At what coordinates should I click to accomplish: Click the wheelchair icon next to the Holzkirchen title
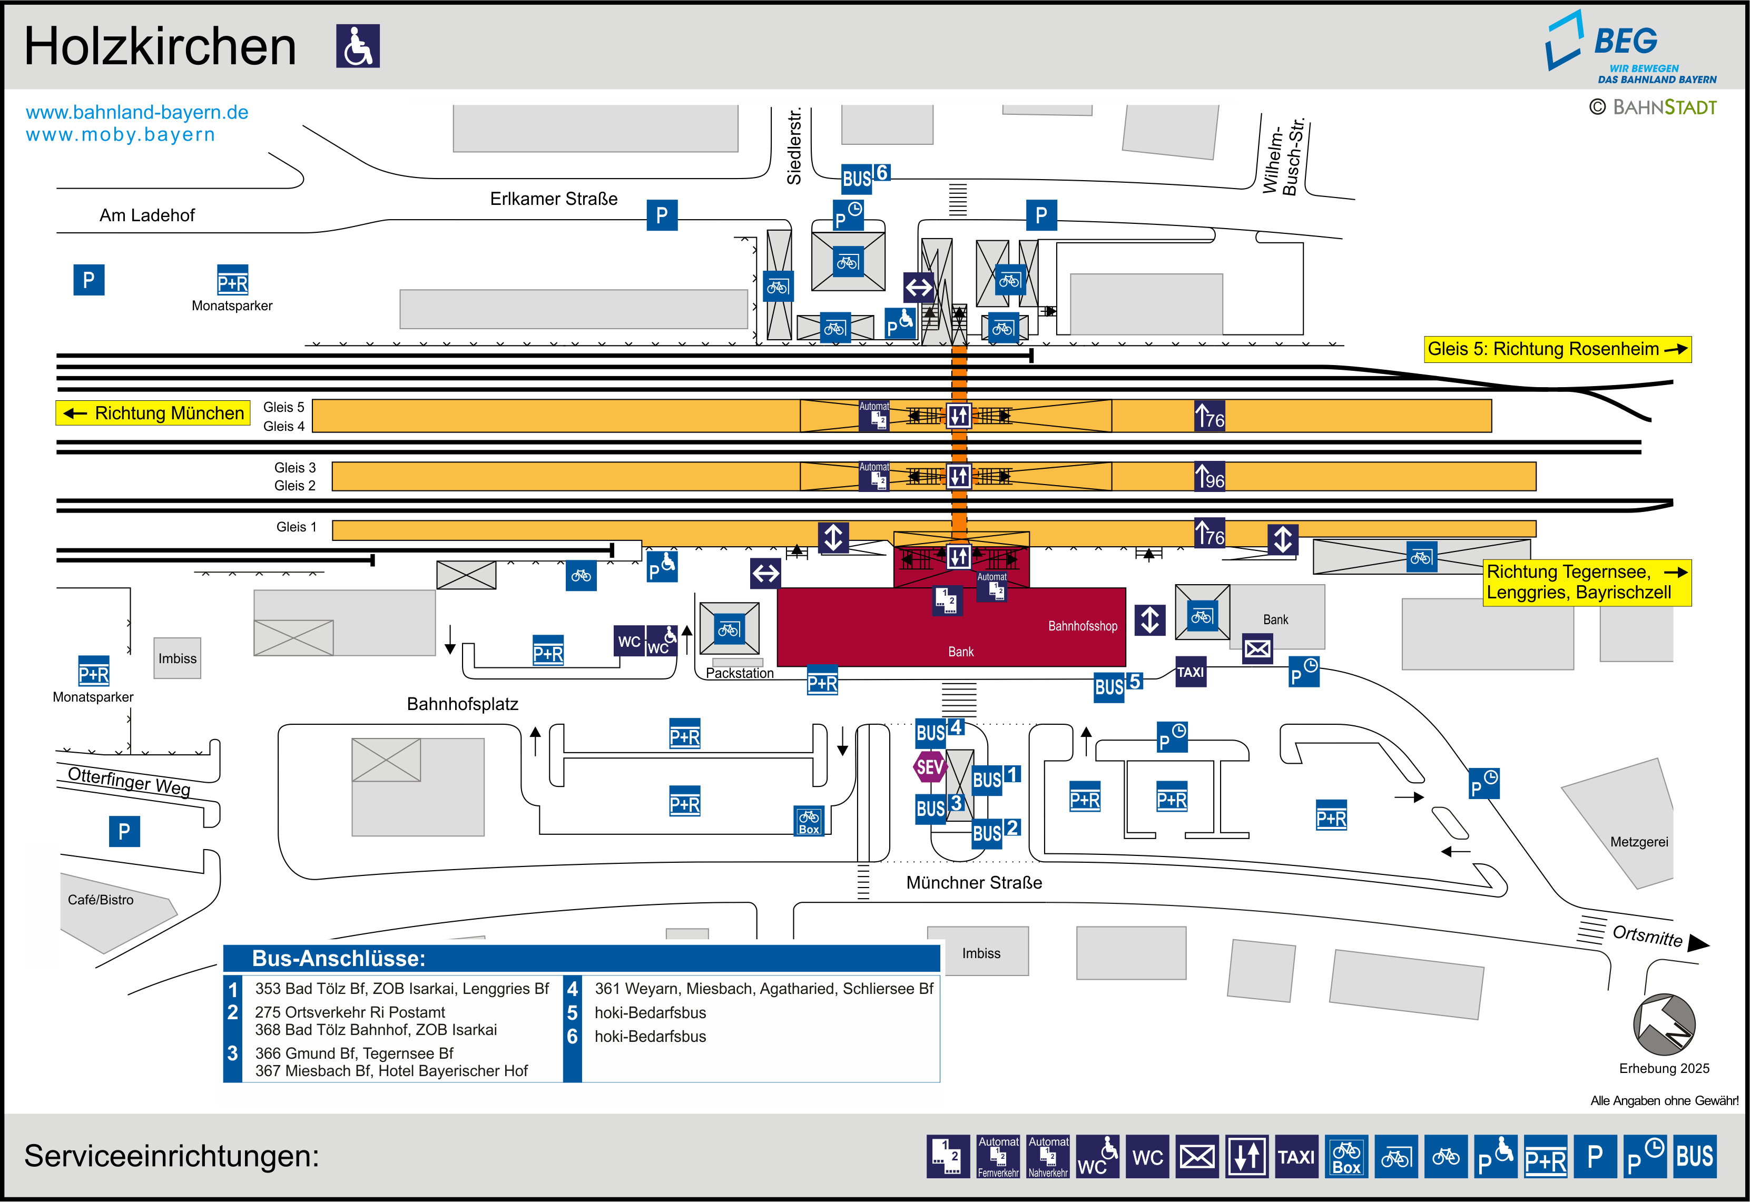358,46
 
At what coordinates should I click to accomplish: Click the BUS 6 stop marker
865,177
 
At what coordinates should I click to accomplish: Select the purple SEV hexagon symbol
929,767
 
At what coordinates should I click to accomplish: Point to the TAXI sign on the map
1191,672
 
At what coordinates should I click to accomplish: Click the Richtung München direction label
153,413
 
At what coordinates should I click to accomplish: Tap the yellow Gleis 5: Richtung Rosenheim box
1557,349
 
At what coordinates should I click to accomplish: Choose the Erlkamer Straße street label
554,199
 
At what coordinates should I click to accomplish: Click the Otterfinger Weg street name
129,781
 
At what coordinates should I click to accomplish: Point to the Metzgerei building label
1638,842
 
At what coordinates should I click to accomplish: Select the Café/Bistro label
100,900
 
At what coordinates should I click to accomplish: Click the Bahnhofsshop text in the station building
1082,626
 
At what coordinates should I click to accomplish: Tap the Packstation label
740,673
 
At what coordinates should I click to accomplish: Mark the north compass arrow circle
1664,1024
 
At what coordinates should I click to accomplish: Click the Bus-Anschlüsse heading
338,959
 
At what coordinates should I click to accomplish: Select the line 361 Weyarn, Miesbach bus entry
763,989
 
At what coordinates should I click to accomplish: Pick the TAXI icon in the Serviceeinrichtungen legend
1296,1157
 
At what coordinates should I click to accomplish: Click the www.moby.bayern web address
121,135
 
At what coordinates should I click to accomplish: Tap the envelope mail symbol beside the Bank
1257,648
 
